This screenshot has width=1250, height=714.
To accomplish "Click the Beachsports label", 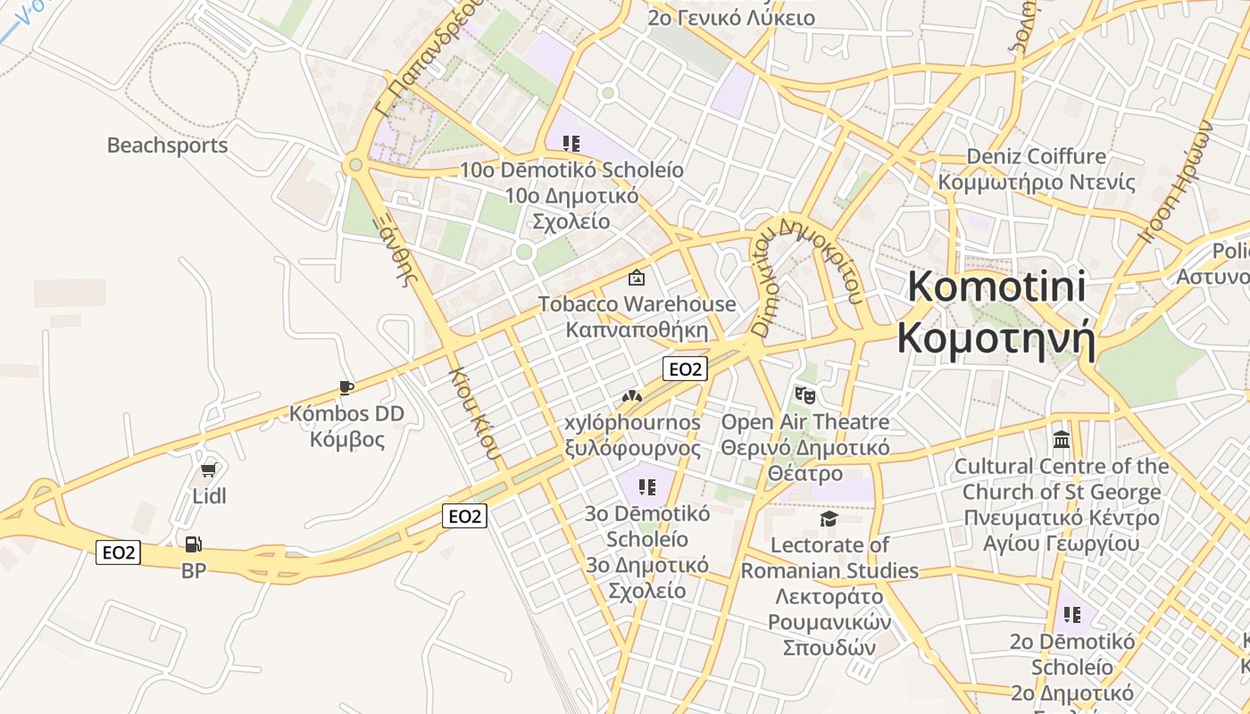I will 167,145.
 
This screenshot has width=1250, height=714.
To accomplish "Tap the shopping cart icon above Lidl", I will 209,469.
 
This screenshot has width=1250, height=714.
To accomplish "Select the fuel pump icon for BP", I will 193,544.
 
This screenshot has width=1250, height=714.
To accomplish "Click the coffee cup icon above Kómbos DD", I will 346,387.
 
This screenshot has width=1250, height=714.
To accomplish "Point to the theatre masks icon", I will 805,394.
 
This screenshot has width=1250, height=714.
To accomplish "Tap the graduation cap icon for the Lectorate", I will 829,519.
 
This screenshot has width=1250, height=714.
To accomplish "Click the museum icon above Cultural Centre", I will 1062,439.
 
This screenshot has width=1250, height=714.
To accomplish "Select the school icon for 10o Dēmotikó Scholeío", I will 571,143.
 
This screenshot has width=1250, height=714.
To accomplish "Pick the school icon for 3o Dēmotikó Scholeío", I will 647,487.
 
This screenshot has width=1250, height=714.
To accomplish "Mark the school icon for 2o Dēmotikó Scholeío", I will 1072,615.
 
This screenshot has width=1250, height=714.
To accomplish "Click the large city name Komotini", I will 996,287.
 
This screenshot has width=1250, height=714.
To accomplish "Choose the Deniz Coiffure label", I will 1036,157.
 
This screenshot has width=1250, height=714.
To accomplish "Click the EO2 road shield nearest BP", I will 119,552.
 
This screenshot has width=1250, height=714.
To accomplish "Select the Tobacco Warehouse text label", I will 637,304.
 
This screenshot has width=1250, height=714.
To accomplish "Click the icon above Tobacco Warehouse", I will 637,278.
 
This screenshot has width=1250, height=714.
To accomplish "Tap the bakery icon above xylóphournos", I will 632,395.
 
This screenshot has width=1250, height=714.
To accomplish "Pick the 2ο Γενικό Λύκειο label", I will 731,17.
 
